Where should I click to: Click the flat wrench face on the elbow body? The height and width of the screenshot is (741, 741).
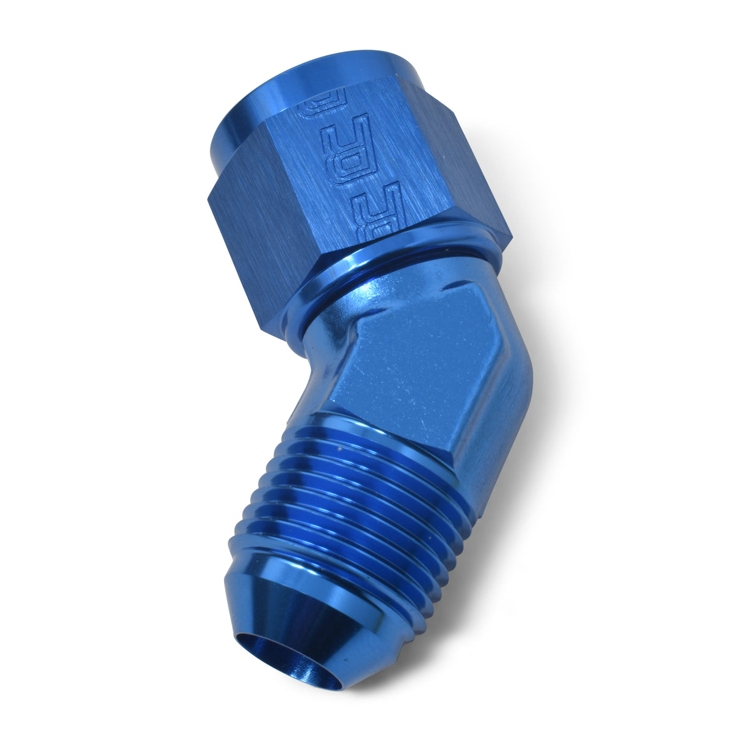tap(421, 360)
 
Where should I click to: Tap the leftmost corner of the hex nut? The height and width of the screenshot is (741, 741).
tap(208, 201)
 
